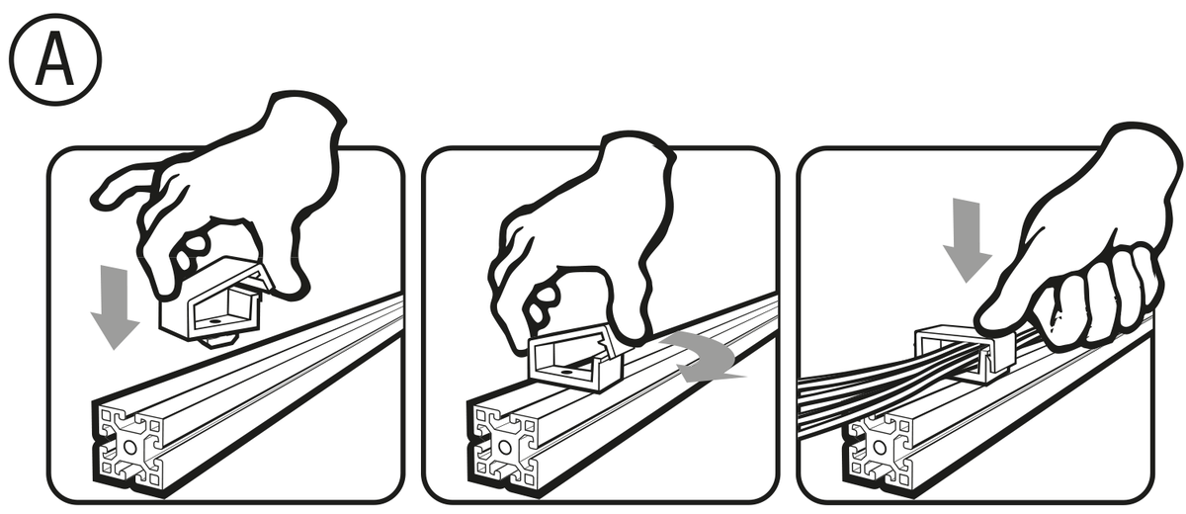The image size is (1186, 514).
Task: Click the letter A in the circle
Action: point(55,58)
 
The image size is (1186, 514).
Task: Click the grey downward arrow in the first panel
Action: point(115,306)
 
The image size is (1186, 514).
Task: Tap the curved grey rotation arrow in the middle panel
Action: point(703,356)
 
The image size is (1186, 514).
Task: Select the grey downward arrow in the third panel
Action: point(967,240)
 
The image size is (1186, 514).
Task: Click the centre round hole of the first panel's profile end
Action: point(129,449)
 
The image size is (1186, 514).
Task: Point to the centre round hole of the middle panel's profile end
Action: point(504,449)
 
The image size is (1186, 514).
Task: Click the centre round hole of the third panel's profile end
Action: point(879,449)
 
